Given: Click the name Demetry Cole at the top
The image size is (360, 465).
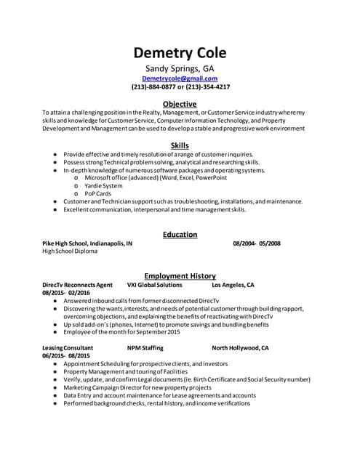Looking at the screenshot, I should tap(180, 53).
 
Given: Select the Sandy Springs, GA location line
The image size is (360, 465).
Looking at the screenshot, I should tap(180, 69).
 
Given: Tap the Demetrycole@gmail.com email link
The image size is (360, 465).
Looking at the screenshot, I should tap(180, 78).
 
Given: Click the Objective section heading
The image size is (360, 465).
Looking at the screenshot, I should tap(180, 104).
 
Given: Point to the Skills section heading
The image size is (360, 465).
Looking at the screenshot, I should tap(180, 145).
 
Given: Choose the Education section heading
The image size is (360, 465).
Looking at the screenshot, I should tap(180, 234).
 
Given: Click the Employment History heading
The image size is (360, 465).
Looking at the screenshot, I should tap(180, 276).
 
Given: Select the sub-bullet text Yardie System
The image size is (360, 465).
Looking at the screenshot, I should tap(103, 185).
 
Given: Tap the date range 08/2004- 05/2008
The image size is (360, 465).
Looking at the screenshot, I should tap(257, 243).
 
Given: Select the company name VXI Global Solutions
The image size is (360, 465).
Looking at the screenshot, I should tap(154, 285).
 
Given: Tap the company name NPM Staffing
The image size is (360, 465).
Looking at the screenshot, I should tap(145, 348).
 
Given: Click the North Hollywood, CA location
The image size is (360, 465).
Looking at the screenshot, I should tap(240, 348).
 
